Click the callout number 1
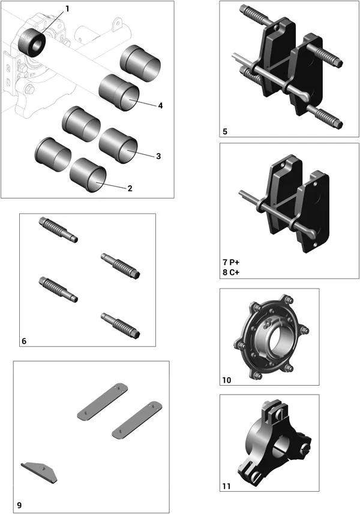(x=67, y=9)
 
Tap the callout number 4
(x=160, y=106)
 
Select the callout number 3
(x=158, y=156)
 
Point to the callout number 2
(x=129, y=188)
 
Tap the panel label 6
(x=24, y=341)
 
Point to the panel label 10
(x=227, y=380)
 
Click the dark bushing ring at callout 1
(x=31, y=41)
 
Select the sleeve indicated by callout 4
(x=119, y=93)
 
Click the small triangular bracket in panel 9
(x=40, y=471)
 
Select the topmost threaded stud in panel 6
(x=58, y=229)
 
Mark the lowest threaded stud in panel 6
(x=121, y=324)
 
